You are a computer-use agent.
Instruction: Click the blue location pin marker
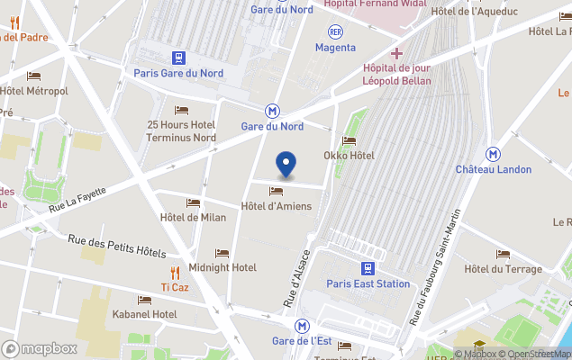click(x=286, y=165)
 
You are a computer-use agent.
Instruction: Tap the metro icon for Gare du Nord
click(x=272, y=111)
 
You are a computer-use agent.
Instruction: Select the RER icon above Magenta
click(x=335, y=31)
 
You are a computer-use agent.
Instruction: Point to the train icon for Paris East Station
click(x=368, y=268)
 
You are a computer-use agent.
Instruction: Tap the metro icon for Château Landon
click(x=493, y=154)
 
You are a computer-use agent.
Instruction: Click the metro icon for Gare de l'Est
click(x=303, y=326)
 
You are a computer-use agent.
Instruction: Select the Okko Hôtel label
click(x=349, y=155)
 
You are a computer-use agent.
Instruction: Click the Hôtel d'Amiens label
click(x=277, y=206)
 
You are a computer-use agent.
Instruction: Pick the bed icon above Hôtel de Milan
click(x=193, y=202)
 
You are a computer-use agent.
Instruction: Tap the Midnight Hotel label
click(x=222, y=267)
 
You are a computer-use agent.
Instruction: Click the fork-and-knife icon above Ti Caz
click(x=175, y=272)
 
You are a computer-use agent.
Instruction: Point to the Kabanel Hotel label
click(x=145, y=314)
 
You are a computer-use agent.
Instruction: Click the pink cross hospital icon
click(x=396, y=53)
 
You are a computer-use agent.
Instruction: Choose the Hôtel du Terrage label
click(x=503, y=269)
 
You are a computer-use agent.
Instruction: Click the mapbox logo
click(x=40, y=348)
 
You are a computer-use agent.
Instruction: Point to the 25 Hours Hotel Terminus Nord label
click(x=181, y=130)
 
